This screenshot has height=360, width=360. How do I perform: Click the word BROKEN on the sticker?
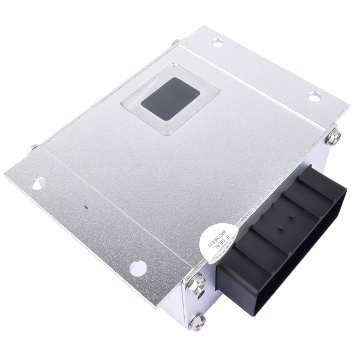[211, 236]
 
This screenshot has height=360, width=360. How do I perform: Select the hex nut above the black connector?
[334, 137]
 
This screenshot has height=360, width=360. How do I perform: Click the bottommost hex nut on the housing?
[197, 322]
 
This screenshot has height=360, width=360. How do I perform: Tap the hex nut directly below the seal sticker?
[199, 280]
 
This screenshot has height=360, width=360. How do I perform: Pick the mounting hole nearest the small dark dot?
[38, 179]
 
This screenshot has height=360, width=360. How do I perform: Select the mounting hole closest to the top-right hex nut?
[314, 95]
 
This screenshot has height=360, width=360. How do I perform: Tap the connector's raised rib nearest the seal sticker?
[237, 252]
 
